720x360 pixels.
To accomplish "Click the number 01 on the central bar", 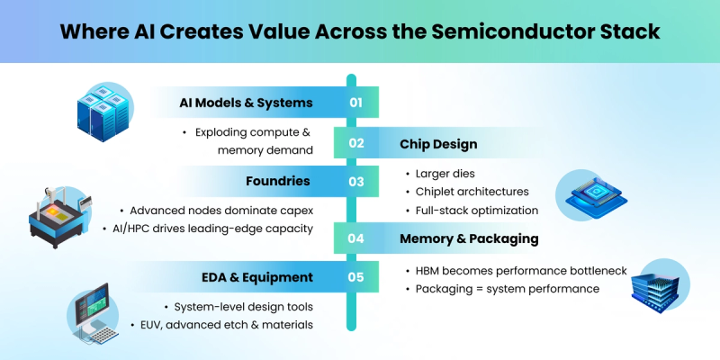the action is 355,103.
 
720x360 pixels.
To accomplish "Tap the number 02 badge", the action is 355,143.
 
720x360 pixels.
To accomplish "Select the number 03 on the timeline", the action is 355,182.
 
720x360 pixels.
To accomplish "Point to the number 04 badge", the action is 355,238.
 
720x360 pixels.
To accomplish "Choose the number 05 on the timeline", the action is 355,277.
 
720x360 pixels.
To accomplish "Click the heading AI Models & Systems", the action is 245,103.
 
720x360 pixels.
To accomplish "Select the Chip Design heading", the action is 438,143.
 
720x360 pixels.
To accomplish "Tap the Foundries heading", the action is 277,181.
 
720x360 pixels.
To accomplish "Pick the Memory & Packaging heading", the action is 469,238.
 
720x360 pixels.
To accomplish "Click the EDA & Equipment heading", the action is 256,277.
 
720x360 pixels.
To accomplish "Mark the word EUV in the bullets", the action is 144,324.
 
